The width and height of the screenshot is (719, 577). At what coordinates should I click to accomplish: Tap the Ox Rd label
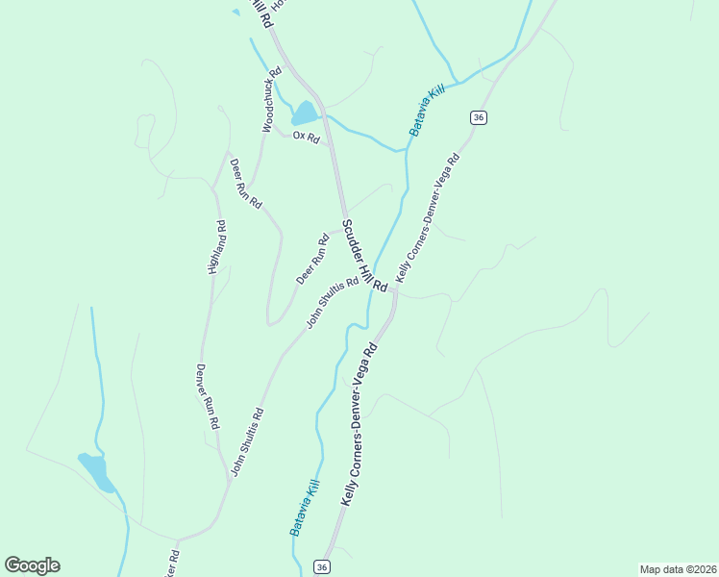point(306,137)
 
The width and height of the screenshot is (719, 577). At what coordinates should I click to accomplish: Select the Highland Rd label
point(217,248)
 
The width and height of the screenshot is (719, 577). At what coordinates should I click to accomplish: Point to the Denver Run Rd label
point(208,395)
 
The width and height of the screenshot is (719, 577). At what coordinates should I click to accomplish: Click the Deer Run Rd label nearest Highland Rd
point(246,184)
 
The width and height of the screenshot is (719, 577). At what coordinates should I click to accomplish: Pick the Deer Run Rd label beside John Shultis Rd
point(313,260)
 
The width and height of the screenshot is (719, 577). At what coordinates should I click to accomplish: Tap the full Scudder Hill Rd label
point(364,257)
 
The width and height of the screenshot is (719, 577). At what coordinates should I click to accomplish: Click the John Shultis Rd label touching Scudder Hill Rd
point(333,303)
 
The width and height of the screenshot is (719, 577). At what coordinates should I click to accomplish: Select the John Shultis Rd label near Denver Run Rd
point(245,442)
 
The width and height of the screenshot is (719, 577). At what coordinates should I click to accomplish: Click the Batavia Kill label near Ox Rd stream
point(428,110)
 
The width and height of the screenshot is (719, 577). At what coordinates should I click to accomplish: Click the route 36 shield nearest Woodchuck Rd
point(479,117)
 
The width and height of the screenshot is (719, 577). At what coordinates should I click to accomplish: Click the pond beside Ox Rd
point(305,113)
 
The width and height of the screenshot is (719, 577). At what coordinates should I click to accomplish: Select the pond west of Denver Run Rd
point(95,471)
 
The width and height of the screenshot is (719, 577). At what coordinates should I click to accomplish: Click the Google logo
point(33,565)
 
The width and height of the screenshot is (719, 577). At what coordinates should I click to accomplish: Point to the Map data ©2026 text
point(678,568)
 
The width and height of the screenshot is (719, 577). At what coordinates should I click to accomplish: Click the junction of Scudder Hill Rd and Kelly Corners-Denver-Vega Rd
point(393,291)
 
